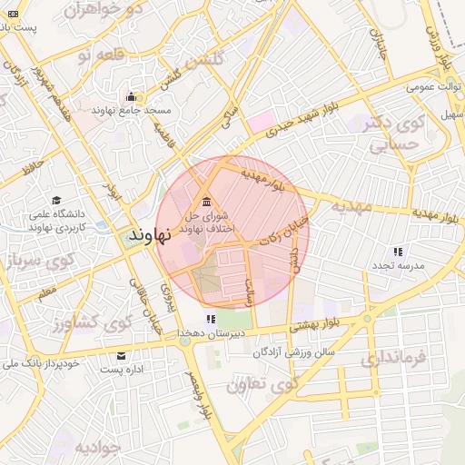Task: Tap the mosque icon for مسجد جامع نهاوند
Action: tap(131, 96)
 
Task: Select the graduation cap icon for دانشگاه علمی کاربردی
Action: tap(56, 201)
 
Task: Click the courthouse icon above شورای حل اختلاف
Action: tap(207, 201)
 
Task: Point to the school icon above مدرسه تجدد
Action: tap(397, 252)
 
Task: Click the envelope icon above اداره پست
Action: tap(122, 355)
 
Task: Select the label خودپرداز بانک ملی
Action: tap(42, 363)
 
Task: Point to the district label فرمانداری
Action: tap(392, 357)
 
